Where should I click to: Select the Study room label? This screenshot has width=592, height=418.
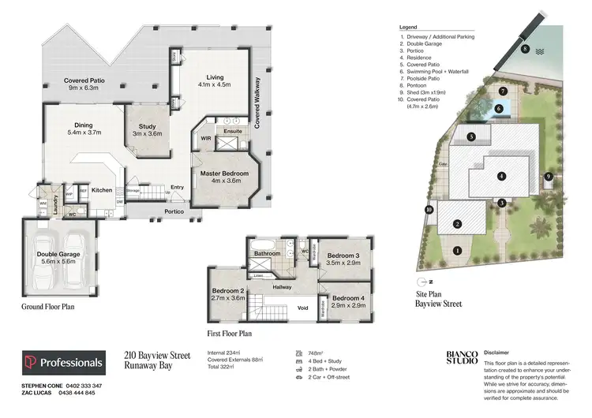point(147,129)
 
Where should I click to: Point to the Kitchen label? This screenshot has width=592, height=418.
point(102,190)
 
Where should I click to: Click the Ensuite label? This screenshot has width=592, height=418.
point(231,132)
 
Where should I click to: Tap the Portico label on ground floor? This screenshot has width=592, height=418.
point(174,211)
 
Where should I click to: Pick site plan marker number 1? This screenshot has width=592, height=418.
point(457,251)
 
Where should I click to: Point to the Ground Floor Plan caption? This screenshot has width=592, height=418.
point(47,307)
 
